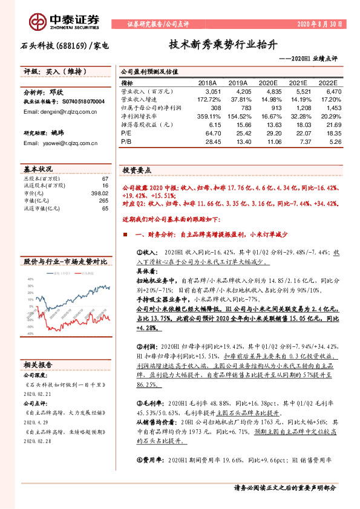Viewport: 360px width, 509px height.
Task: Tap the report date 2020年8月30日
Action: click(x=320, y=25)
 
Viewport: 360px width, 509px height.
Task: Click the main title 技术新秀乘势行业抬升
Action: click(x=223, y=45)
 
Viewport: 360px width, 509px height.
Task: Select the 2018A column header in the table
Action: click(x=208, y=83)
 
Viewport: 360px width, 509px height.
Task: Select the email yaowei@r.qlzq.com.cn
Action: click(x=51, y=143)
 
